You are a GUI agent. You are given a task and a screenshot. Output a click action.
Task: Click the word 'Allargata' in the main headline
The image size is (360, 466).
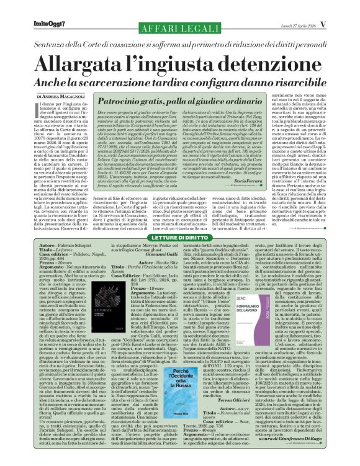click(86, 65)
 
